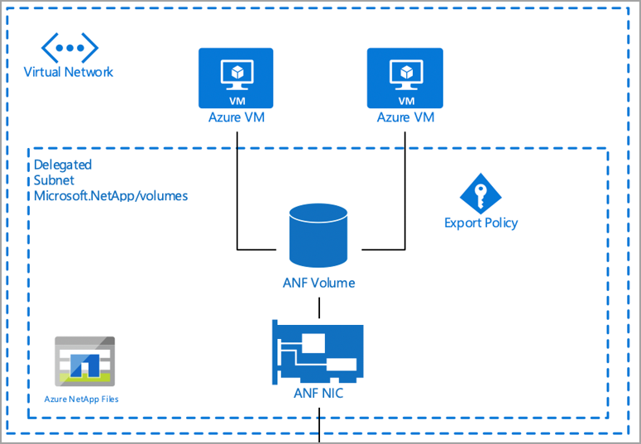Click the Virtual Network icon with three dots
69,48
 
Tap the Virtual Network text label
69,72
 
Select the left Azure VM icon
237,78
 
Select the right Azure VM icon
405,78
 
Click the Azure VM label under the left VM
237,117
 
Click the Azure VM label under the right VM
405,117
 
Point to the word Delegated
63,165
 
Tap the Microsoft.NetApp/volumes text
111,196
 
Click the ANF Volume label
318,283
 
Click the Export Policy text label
481,222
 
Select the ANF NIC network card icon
318,351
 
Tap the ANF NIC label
318,394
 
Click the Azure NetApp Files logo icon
84,360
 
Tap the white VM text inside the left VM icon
237,101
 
